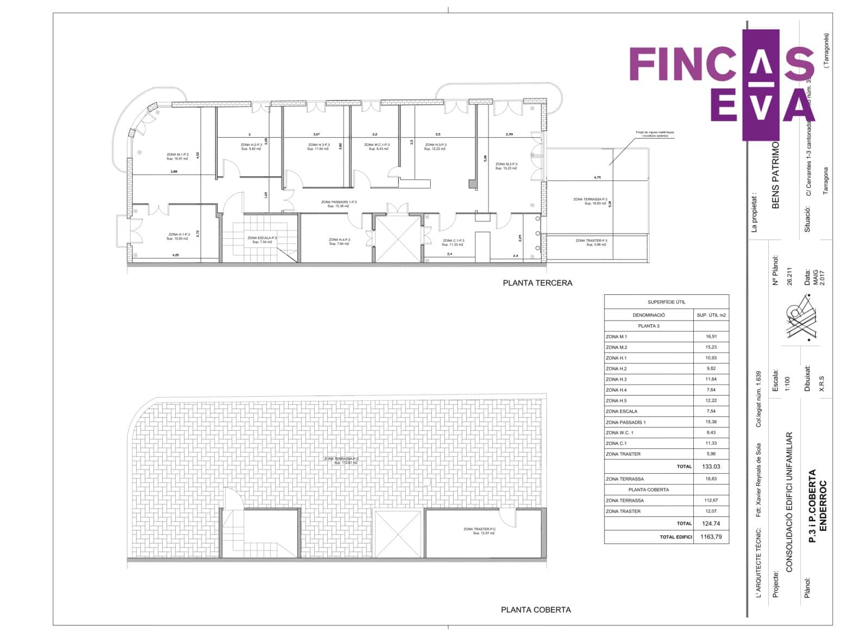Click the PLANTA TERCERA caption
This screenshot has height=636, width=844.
(x=537, y=283)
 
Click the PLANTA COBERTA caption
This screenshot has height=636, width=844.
(x=536, y=610)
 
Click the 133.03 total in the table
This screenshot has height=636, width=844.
(x=711, y=466)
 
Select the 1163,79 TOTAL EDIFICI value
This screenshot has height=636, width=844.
(x=711, y=537)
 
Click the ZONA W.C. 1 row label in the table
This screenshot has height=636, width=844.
(x=619, y=433)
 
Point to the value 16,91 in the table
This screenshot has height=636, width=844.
(x=711, y=337)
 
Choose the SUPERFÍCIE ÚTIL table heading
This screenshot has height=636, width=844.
(x=666, y=302)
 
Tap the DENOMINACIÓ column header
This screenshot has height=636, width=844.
(x=649, y=315)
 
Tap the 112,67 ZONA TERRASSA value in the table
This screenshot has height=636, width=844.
(x=711, y=501)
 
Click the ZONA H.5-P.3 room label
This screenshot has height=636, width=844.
(x=436, y=147)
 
